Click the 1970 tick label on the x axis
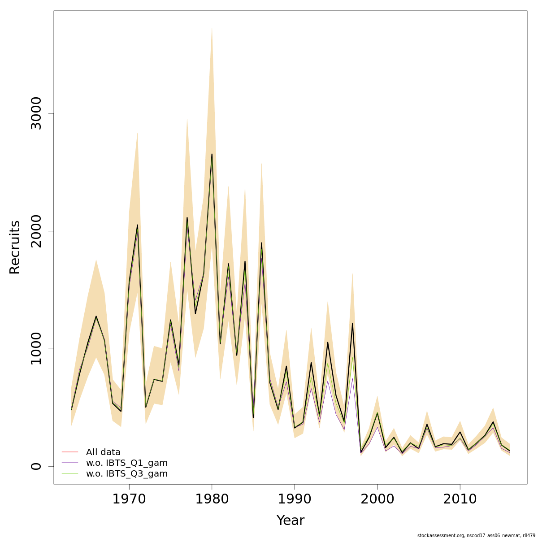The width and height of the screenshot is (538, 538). pyautogui.click(x=129, y=499)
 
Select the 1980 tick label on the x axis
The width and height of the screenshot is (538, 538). pyautogui.click(x=212, y=499)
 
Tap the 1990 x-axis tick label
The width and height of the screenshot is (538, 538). pyautogui.click(x=295, y=499)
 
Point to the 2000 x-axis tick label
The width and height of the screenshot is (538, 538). pyautogui.click(x=377, y=499)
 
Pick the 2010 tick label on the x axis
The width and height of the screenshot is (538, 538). pyautogui.click(x=460, y=499)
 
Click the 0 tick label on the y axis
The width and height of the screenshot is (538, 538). pyautogui.click(x=36, y=466)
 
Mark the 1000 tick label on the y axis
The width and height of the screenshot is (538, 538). pyautogui.click(x=36, y=349)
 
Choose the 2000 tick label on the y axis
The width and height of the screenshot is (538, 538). pyautogui.click(x=36, y=231)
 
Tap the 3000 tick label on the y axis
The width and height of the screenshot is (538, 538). pyautogui.click(x=36, y=113)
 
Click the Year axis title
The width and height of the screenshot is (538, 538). pyautogui.click(x=290, y=521)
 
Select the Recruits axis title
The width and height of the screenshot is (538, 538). pyautogui.click(x=15, y=247)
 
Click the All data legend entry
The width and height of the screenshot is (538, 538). pyautogui.click(x=103, y=452)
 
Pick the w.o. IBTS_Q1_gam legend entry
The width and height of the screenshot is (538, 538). pyautogui.click(x=126, y=463)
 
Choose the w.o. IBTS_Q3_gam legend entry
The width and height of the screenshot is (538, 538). pyautogui.click(x=126, y=473)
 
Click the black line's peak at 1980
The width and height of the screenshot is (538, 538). pyautogui.click(x=212, y=154)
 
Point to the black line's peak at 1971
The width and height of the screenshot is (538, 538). pyautogui.click(x=137, y=225)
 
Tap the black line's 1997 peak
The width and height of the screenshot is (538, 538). pyautogui.click(x=352, y=323)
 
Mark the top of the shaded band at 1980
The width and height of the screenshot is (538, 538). pyautogui.click(x=212, y=28)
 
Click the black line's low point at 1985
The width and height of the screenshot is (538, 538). pyautogui.click(x=253, y=417)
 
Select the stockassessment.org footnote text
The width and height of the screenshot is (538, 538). pyautogui.click(x=476, y=535)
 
